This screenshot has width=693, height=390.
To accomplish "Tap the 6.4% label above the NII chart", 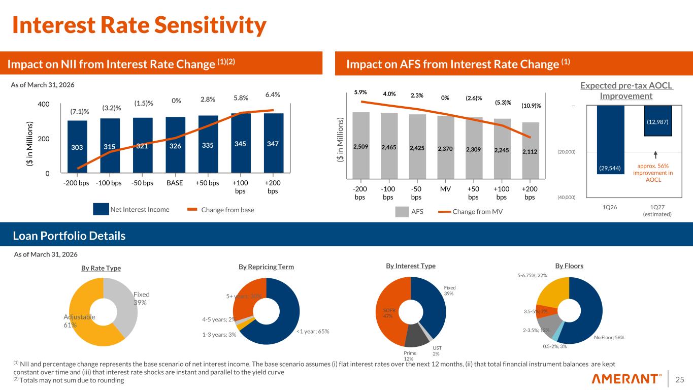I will coord(273,95).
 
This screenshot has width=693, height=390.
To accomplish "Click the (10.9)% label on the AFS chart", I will coord(531,106).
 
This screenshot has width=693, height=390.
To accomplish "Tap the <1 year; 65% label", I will coord(312,332).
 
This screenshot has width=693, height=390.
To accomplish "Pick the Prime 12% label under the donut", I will coord(410,355).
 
